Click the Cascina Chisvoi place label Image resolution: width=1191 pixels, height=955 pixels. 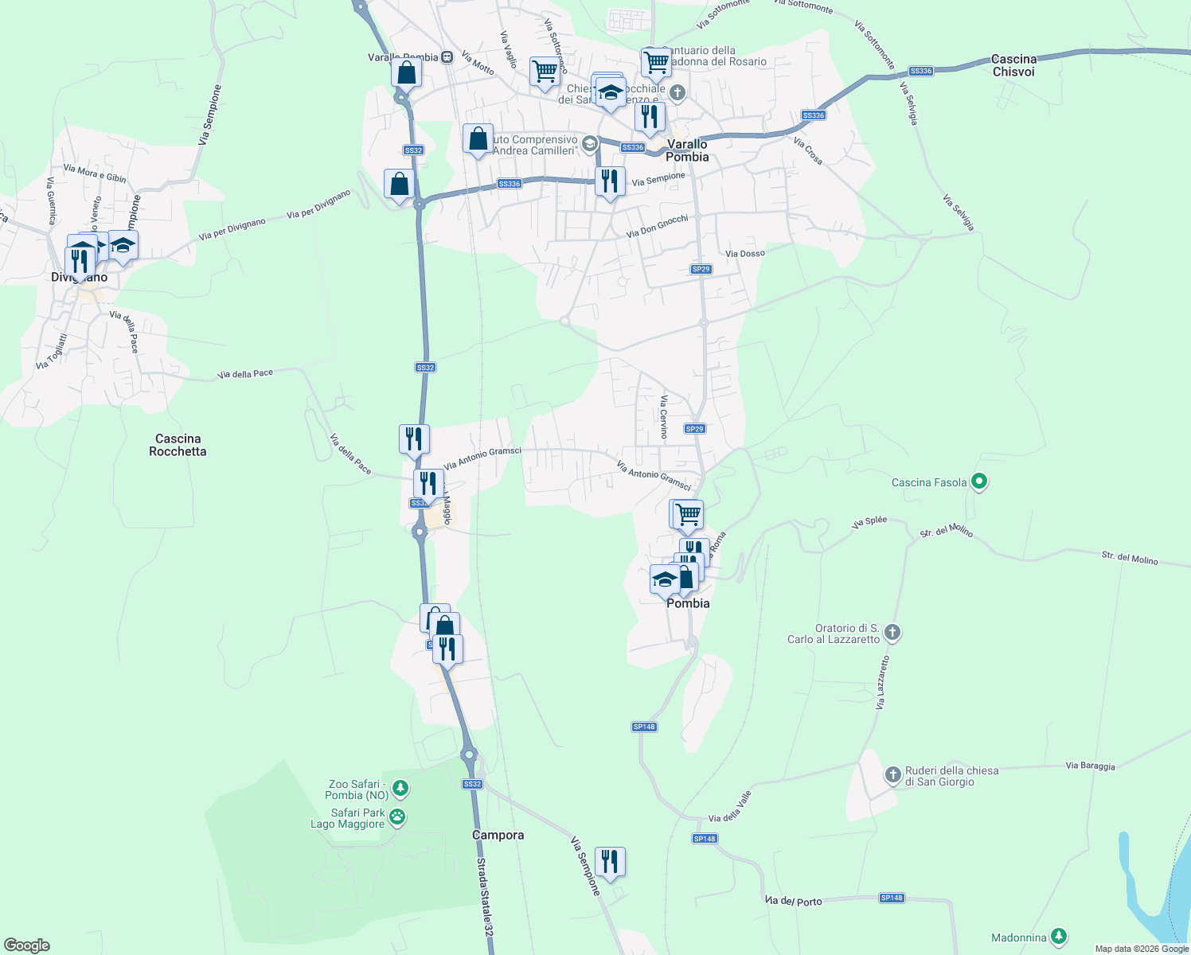1013,65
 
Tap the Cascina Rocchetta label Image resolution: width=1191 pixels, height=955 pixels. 178,445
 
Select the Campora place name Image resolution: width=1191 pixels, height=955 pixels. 498,835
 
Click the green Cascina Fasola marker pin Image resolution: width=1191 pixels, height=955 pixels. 980,481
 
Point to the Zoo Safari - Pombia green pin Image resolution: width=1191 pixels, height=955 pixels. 400,789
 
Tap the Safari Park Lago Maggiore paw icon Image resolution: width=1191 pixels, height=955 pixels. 396,817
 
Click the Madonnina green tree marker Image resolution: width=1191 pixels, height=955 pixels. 1058,937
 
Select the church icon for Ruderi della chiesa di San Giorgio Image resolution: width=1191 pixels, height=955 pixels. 892,774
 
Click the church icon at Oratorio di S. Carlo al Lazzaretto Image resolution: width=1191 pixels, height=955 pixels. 892,633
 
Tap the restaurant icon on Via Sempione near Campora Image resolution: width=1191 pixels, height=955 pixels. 610,862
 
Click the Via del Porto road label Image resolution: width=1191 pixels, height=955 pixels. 794,901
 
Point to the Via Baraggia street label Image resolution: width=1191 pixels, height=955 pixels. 1090,766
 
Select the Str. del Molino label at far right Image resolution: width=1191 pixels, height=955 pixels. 1129,558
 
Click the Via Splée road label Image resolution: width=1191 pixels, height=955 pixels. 869,522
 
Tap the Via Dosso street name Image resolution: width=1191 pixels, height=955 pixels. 744,253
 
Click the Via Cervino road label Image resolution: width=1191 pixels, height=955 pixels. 663,417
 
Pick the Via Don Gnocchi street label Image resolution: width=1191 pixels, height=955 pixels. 657,226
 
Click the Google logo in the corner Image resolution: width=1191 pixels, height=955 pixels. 27,945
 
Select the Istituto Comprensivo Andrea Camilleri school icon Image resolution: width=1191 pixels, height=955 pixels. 589,144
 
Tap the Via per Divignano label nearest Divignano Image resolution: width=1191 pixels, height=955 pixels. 232,229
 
